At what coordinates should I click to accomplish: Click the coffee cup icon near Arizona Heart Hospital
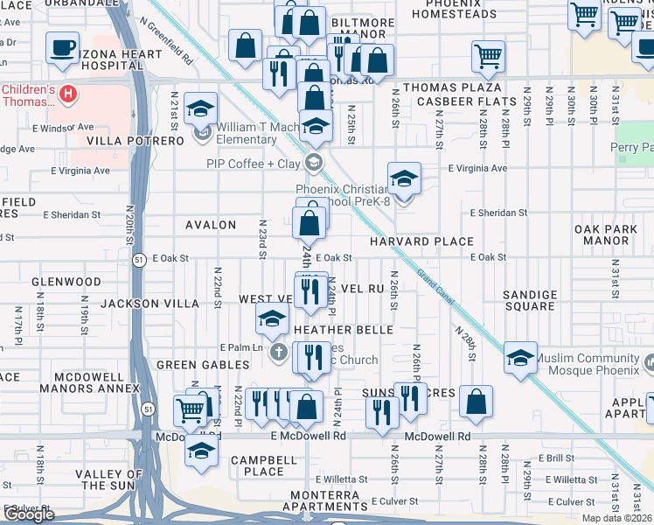pyautogui.click(x=62, y=48)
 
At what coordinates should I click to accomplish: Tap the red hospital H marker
pyautogui.click(x=67, y=94)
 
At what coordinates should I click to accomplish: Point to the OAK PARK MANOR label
pyautogui.click(x=602, y=234)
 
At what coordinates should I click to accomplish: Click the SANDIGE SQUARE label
pyautogui.click(x=530, y=301)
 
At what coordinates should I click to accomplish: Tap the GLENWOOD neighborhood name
pyautogui.click(x=66, y=282)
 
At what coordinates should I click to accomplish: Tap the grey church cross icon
pyautogui.click(x=278, y=353)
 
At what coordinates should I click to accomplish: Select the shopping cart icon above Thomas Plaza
pyautogui.click(x=489, y=56)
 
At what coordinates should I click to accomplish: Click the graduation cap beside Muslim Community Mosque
pyautogui.click(x=520, y=358)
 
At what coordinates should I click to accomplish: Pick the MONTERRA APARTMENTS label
pyautogui.click(x=325, y=501)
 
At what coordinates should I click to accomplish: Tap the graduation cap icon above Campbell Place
pyautogui.click(x=201, y=451)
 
